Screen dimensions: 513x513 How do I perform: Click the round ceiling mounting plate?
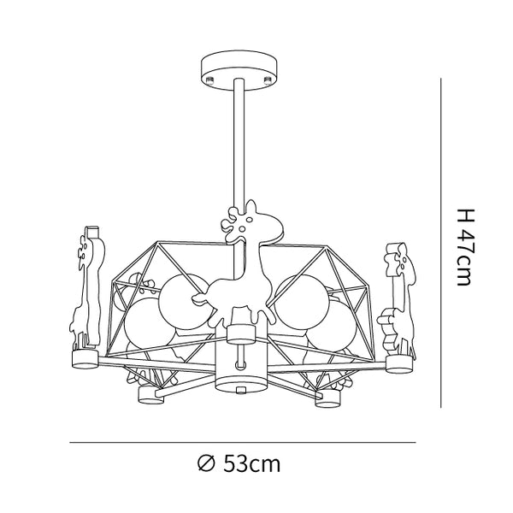coord(239,70)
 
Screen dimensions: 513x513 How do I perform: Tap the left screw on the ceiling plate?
coord(210,79)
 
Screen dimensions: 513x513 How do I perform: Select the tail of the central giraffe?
coord(200,298)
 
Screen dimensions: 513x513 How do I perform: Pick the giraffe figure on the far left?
coord(87,288)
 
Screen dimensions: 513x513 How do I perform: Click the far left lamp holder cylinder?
coord(85,359)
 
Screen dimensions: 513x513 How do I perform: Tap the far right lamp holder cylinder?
coord(399,364)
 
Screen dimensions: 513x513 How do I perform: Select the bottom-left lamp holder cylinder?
coord(151,395)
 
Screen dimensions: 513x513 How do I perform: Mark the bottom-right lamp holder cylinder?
coord(327,398)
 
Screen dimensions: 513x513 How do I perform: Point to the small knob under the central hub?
coord(241,389)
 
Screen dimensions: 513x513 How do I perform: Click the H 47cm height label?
coord(465,247)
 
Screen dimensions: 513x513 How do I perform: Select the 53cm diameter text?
coord(252,463)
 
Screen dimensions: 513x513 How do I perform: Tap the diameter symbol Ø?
coord(206,463)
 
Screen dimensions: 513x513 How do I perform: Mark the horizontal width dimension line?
coord(243,443)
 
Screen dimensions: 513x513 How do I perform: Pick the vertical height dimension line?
coord(441,243)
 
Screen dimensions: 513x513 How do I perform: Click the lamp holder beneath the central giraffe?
coord(241,334)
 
